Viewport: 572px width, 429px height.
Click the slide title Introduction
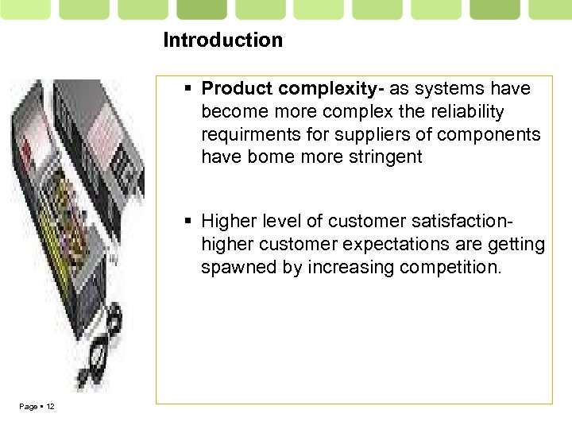222,40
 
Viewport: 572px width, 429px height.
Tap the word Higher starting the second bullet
227,221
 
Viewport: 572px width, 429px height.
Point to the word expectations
408,244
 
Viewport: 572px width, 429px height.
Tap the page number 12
50,407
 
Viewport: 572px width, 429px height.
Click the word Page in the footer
28,407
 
